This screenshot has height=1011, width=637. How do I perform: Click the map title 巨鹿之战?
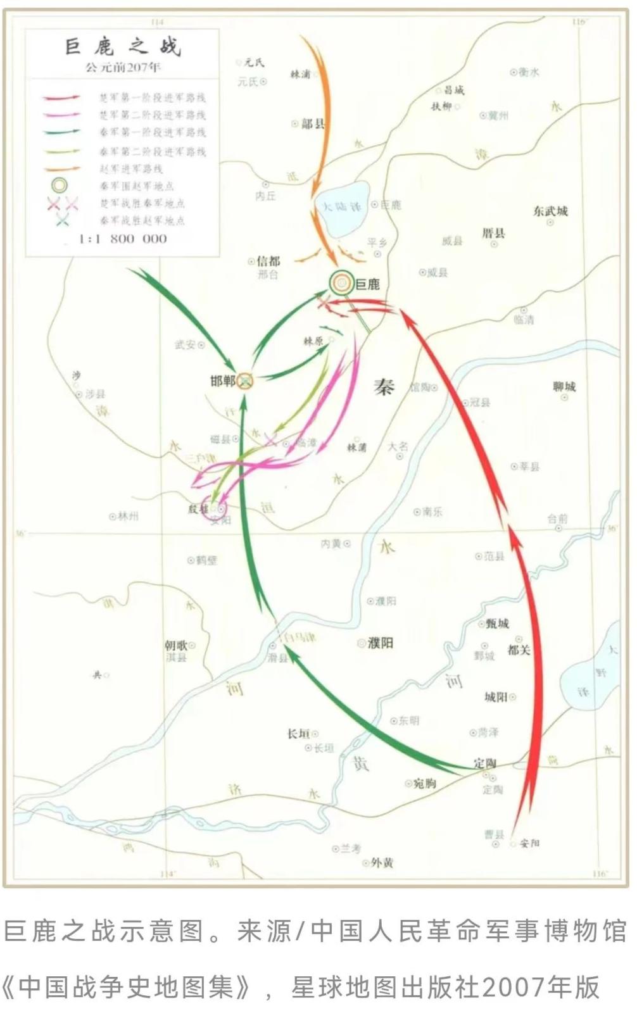pos(123,47)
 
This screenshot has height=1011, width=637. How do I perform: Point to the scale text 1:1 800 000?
pos(122,239)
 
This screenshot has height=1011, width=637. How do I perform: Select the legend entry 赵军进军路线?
pos(131,168)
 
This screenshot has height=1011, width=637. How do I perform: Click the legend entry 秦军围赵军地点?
pos(136,186)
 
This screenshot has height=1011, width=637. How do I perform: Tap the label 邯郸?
pos(223,381)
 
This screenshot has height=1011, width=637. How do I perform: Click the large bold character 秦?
pos(384,387)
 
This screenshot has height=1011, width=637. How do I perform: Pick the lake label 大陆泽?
pos(342,207)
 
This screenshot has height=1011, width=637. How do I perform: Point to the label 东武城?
pos(550,211)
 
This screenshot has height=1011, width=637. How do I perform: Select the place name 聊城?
pos(564,386)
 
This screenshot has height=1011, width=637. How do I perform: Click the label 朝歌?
pos(176,645)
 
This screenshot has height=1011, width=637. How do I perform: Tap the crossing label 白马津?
pos(300,637)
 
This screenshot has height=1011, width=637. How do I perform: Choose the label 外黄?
pos(382,862)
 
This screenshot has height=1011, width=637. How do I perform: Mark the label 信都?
pos(268,261)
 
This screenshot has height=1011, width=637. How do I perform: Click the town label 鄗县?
pos(312,124)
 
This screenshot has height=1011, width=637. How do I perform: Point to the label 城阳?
pos(496,697)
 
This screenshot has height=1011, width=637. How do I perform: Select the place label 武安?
pos(186,344)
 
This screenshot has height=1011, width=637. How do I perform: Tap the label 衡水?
pos(529,72)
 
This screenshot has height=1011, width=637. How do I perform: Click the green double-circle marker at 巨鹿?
pos(342,284)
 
